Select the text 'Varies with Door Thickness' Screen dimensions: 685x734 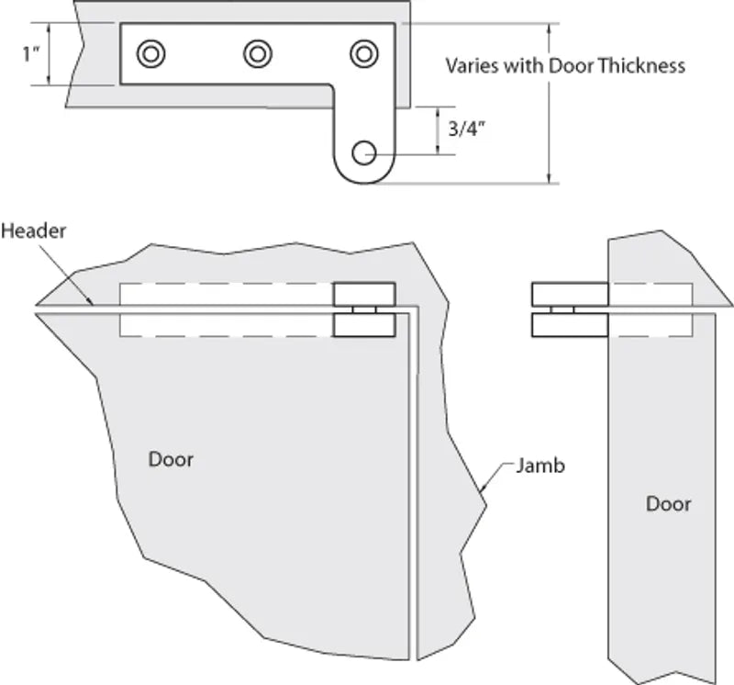(564, 66)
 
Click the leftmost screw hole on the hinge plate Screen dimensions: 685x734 (150, 54)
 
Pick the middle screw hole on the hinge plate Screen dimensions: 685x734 (258, 54)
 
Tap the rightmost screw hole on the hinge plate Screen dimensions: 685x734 (364, 54)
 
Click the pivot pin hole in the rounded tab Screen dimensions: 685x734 (364, 152)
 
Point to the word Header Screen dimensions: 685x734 (33, 230)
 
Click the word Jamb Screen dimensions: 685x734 (539, 466)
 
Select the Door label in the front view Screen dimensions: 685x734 (172, 458)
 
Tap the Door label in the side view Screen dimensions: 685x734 (669, 503)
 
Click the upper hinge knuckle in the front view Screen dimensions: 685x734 (364, 294)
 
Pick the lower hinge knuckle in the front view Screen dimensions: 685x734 (364, 326)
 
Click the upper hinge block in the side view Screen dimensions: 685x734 (570, 294)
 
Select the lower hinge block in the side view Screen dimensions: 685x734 (570, 326)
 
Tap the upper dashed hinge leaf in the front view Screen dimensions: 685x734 (225, 294)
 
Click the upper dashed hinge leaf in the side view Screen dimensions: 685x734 (650, 294)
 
